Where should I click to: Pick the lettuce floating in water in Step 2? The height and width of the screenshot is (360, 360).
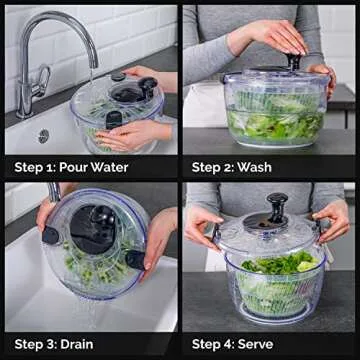tap(270, 123)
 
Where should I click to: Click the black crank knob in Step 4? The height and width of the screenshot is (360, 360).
tap(277, 205)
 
